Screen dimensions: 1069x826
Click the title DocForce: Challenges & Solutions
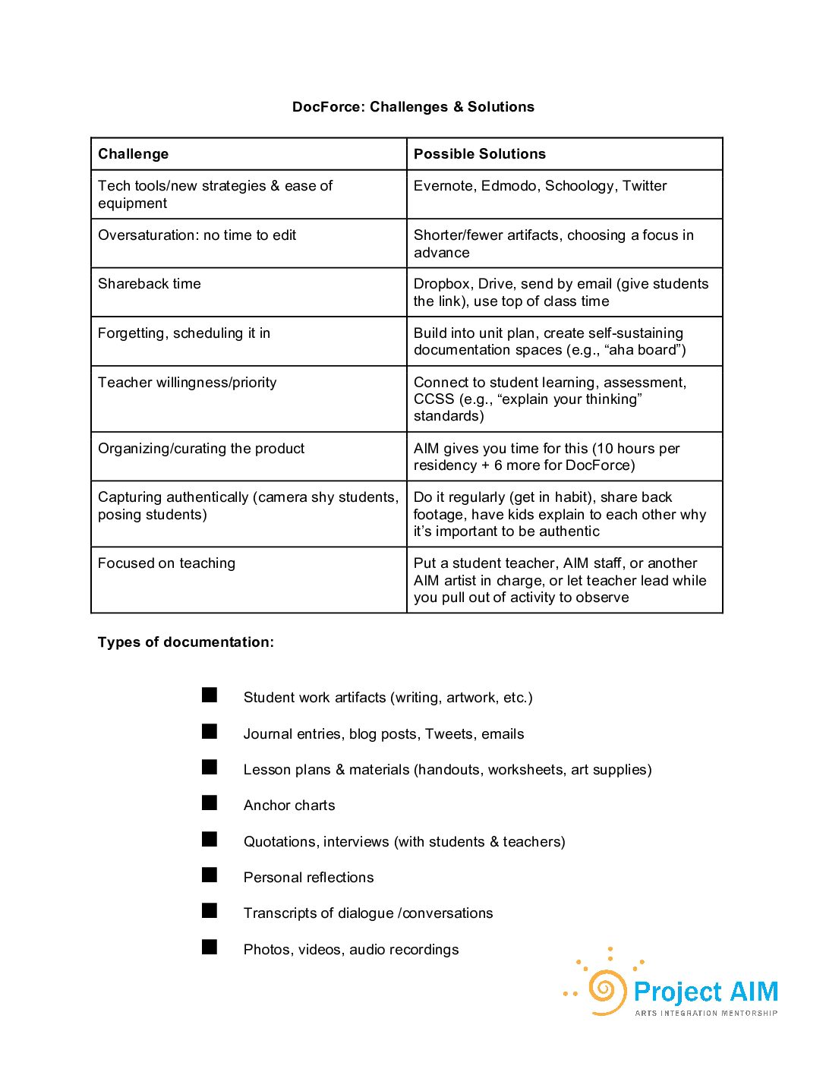pos(413,107)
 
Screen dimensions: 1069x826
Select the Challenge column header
pos(134,154)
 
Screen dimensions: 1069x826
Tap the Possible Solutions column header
pos(479,154)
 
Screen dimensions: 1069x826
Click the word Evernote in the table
pos(444,186)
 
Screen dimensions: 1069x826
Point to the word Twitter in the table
pos(645,186)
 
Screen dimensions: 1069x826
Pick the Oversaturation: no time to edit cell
pos(197,235)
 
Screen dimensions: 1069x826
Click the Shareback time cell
pos(150,284)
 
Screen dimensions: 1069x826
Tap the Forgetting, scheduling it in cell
pos(184,333)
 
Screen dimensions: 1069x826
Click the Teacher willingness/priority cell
pos(187,383)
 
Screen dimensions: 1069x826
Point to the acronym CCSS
pos(433,399)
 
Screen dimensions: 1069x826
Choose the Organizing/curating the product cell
pos(201,449)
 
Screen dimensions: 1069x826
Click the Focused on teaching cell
pos(166,563)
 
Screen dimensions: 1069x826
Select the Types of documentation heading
pos(186,642)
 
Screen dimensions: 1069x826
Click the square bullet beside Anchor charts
pos(210,803)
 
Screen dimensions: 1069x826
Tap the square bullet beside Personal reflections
pos(210,875)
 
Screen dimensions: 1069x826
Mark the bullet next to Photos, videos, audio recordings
pos(210,947)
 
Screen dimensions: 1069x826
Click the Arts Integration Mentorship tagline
pos(706,1013)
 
